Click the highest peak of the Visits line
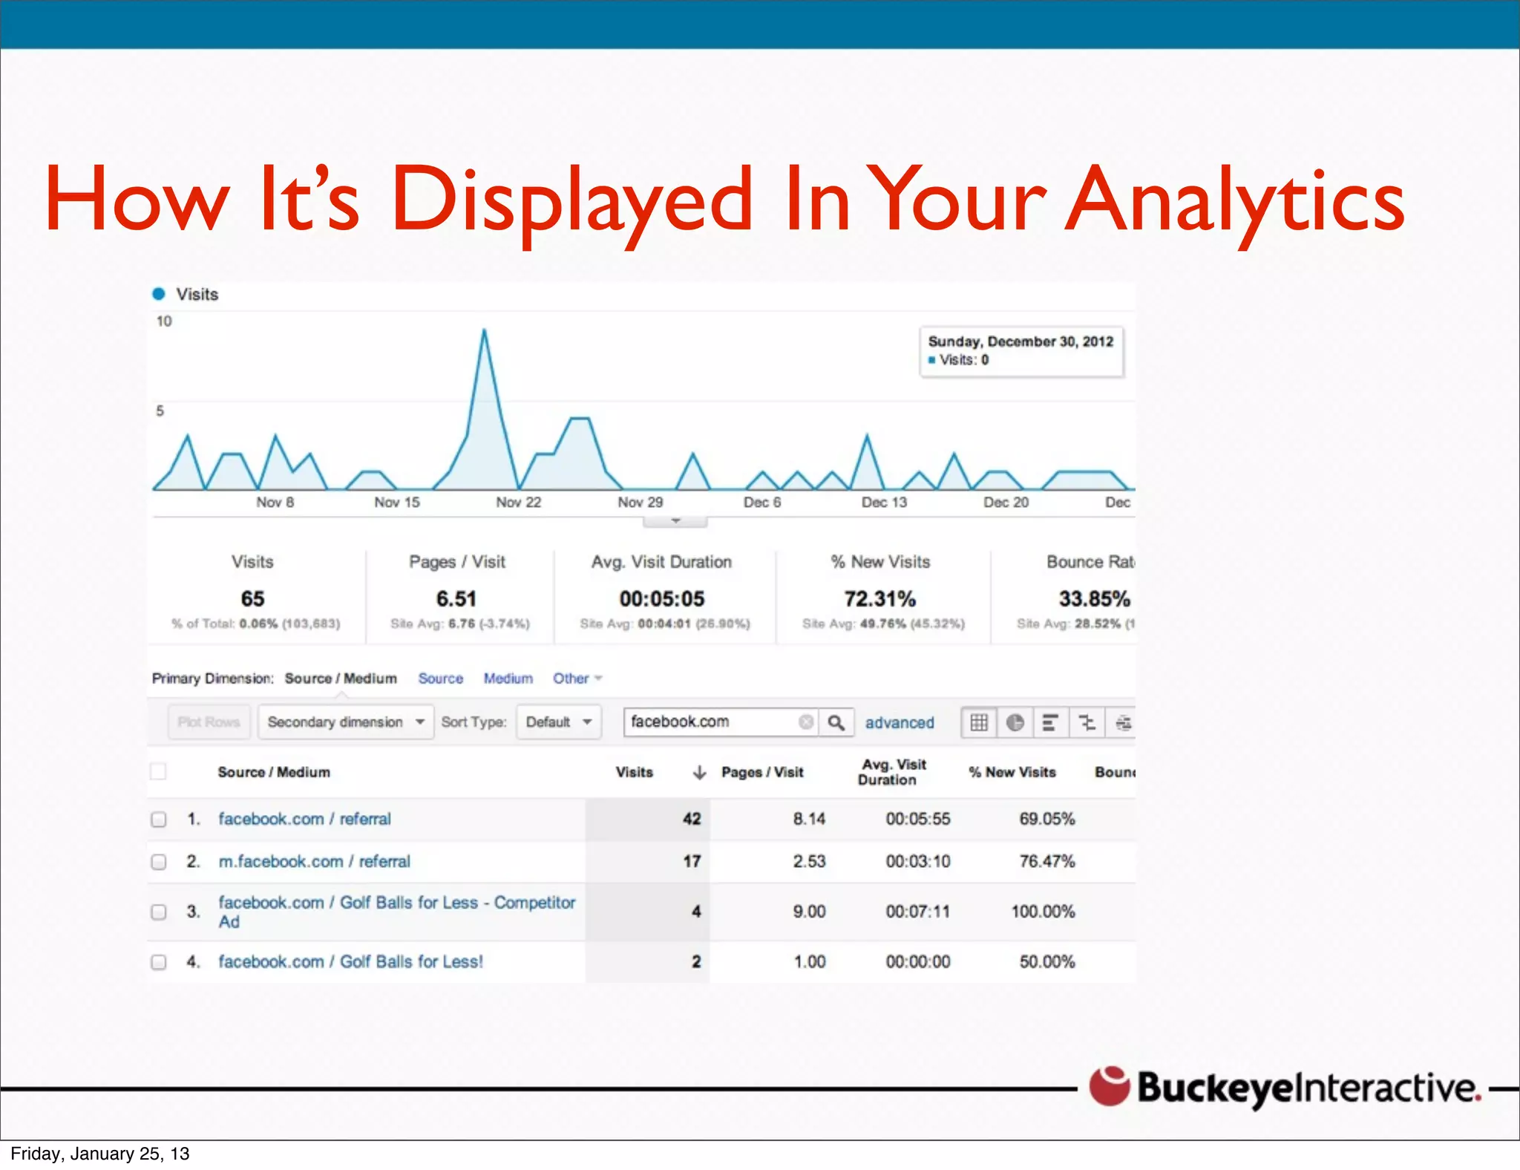(484, 330)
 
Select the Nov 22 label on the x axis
(518, 503)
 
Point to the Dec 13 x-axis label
(884, 503)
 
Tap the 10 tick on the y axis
(164, 321)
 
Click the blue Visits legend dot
(159, 294)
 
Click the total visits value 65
(252, 598)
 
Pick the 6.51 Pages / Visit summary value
(456, 598)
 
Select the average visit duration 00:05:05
(662, 598)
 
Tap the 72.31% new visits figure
(879, 598)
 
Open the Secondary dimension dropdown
(345, 722)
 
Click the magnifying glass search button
(836, 722)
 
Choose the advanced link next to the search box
(900, 722)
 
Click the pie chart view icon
(1015, 722)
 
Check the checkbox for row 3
(159, 912)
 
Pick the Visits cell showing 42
(692, 819)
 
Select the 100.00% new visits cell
(1043, 912)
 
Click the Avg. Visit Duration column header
(893, 772)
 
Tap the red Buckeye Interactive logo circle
(1109, 1086)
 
